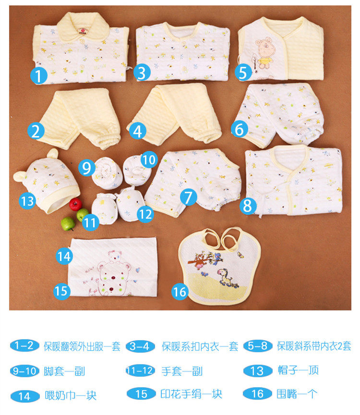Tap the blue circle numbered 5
244,73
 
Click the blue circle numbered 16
180,292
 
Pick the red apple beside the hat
75,204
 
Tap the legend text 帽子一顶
298,370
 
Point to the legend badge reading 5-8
258,346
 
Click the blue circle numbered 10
149,158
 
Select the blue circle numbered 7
189,196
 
